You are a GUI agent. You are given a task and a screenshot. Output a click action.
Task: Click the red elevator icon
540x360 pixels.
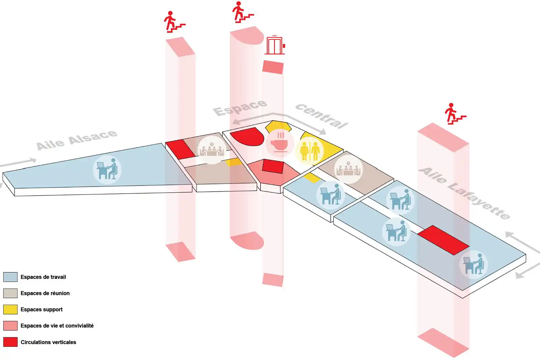(275, 45)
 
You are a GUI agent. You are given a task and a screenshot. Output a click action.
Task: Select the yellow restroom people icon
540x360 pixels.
(310, 151)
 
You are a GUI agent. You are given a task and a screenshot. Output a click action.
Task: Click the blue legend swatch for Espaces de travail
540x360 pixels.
(10, 277)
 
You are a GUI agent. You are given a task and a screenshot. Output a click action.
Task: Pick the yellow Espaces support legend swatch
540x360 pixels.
(10, 309)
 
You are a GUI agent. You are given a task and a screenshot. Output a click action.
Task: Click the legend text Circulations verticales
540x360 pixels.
(48, 342)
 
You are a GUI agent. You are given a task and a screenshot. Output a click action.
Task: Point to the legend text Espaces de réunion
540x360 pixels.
(45, 293)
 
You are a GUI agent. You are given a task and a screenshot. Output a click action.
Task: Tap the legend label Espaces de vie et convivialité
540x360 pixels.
(57, 326)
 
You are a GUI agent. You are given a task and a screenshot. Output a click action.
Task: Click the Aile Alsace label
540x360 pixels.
(77, 140)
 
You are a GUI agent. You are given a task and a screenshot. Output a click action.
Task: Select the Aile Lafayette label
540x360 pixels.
(464, 193)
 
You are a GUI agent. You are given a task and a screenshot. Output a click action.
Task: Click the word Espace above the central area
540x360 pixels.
(240, 108)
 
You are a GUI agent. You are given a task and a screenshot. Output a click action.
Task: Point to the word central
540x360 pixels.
(322, 116)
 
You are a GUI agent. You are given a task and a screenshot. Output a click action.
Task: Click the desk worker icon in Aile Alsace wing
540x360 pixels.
(107, 170)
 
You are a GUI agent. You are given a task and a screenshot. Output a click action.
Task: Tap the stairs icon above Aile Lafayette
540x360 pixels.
(455, 114)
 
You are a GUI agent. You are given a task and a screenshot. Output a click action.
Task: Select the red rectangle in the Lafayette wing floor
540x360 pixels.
(443, 240)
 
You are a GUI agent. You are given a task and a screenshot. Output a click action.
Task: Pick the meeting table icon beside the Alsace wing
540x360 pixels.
(212, 150)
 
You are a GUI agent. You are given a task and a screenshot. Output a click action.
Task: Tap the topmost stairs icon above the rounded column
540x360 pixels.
(243, 12)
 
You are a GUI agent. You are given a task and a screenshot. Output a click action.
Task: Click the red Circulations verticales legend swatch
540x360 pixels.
(10, 342)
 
